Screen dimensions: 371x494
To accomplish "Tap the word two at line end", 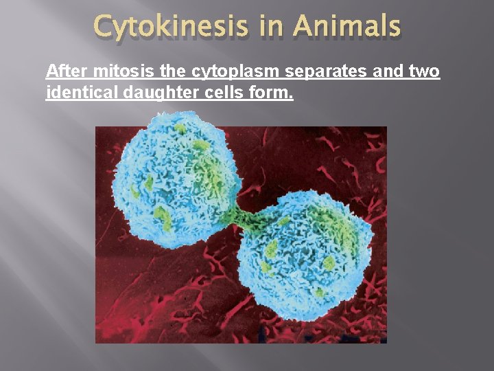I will coord(424,71).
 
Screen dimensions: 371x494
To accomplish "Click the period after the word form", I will coord(291,96).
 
